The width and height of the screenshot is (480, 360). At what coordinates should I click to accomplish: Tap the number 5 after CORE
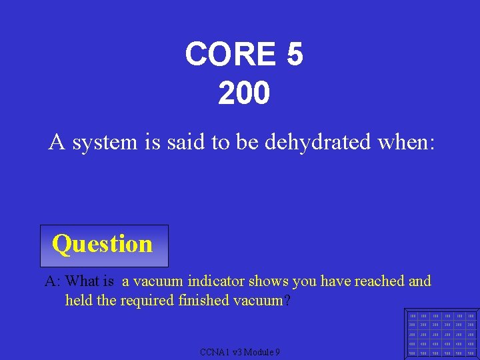(x=294, y=54)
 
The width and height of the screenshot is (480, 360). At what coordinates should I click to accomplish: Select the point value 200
(x=244, y=93)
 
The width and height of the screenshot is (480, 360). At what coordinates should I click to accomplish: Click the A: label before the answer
(x=53, y=281)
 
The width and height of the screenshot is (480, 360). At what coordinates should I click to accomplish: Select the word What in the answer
(x=83, y=281)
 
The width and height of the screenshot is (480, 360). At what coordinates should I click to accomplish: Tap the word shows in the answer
(x=267, y=281)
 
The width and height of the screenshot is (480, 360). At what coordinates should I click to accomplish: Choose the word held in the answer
(x=79, y=301)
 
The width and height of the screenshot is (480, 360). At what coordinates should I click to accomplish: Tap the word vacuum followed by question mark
(x=258, y=301)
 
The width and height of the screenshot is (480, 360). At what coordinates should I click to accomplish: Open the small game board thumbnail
(x=441, y=334)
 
